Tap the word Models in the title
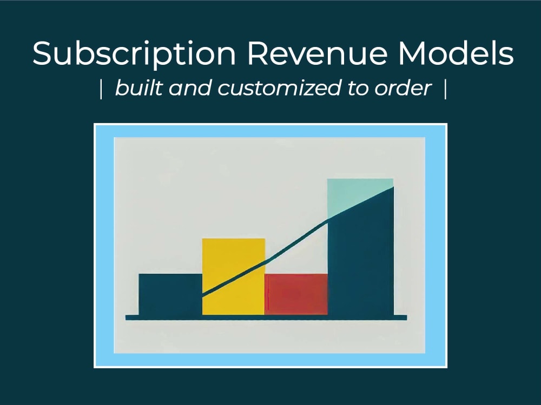pyautogui.click(x=459, y=53)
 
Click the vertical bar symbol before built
pyautogui.click(x=101, y=90)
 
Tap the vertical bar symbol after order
pyautogui.click(x=445, y=90)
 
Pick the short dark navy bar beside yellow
pyautogui.click(x=170, y=294)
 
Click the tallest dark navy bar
pyautogui.click(x=360, y=265)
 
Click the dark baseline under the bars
pyautogui.click(x=266, y=318)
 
